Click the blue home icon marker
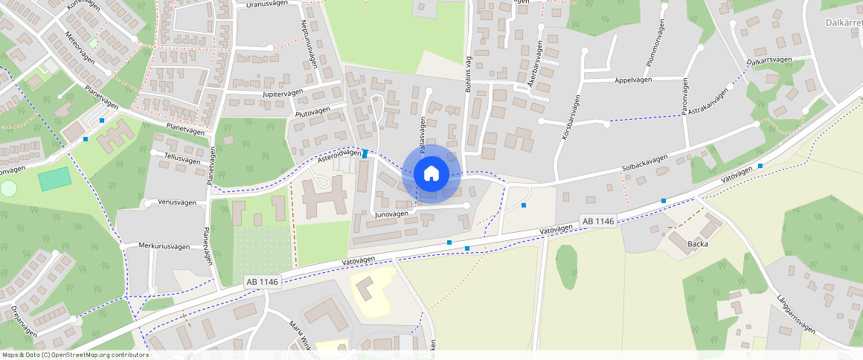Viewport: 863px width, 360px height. point(431,174)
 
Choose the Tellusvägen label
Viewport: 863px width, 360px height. point(182,160)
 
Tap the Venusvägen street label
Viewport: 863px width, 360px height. point(177,202)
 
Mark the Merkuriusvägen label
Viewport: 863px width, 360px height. point(167,245)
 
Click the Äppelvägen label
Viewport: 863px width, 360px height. point(634,80)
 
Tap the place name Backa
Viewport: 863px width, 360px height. point(698,243)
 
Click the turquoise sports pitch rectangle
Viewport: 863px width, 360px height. point(55,179)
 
